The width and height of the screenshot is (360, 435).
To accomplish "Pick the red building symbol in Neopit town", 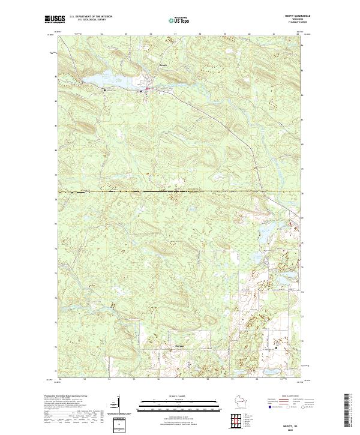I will point(148,90).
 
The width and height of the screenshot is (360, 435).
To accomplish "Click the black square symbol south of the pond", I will point(106,91).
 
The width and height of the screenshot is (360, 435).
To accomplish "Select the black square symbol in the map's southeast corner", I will point(276,347).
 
